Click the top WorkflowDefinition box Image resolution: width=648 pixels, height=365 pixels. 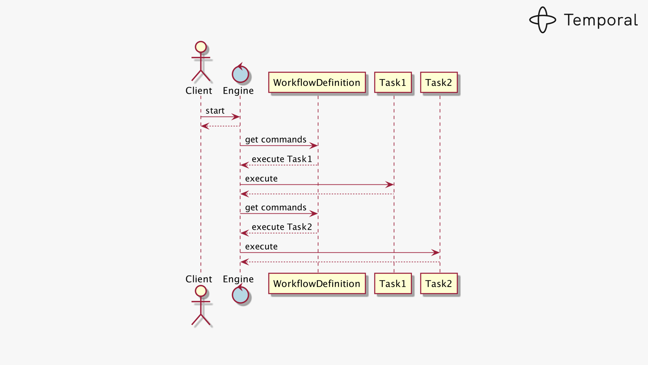[x=317, y=83]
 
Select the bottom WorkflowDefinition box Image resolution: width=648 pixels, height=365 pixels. [x=317, y=283]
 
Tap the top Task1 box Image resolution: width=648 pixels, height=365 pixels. [x=393, y=83]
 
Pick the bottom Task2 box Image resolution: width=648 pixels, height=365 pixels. [x=439, y=283]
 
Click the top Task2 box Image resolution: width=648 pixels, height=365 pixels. [x=439, y=83]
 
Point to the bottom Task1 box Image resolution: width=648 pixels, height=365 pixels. [x=393, y=283]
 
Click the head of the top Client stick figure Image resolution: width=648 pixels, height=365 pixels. [x=201, y=47]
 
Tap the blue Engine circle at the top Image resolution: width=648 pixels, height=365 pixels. [x=240, y=74]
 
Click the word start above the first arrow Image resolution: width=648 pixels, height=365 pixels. [x=215, y=111]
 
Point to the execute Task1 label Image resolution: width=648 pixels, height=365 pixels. [x=282, y=159]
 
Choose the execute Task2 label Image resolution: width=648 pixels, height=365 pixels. [x=282, y=227]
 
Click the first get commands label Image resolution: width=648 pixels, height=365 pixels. [x=276, y=139]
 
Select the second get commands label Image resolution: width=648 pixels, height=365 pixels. [x=276, y=207]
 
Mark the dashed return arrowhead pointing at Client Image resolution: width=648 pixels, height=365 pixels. [x=205, y=126]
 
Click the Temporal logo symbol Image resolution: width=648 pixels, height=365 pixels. [x=542, y=20]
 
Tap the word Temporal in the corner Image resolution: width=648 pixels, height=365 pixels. [x=601, y=20]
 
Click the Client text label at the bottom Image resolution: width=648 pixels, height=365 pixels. [x=199, y=279]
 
